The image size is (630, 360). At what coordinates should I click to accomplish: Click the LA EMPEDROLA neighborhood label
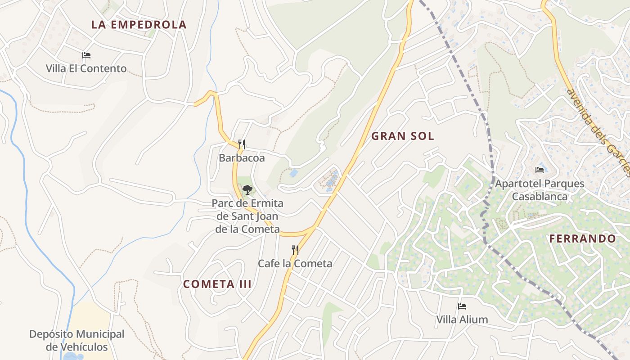(x=139, y=25)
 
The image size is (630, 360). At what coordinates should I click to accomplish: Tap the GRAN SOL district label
(x=403, y=136)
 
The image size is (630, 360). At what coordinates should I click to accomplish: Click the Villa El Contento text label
(x=86, y=69)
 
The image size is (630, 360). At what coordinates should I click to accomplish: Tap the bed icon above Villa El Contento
(x=86, y=55)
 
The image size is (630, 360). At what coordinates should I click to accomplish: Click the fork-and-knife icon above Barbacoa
(x=242, y=144)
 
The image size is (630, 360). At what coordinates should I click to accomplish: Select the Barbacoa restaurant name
(x=242, y=158)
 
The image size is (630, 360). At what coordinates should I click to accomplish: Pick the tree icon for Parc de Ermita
(x=247, y=190)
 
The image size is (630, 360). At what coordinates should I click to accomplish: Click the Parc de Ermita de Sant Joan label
(x=247, y=216)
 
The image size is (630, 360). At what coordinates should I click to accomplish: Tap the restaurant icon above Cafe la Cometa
(x=295, y=250)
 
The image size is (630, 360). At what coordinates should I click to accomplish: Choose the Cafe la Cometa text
(x=295, y=264)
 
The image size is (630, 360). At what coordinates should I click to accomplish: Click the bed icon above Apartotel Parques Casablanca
(x=540, y=170)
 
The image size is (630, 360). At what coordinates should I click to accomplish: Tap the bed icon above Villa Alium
(x=462, y=306)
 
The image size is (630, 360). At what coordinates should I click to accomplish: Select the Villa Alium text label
(x=462, y=320)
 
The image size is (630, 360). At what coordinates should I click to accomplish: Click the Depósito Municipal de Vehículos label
(x=76, y=341)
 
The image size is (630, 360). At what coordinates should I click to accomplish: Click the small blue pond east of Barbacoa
(x=294, y=173)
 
